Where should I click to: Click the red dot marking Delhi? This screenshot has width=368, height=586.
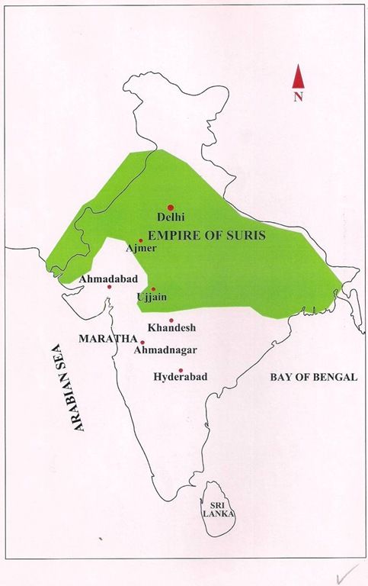pos(171,208)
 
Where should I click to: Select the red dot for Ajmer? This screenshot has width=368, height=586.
pos(140,240)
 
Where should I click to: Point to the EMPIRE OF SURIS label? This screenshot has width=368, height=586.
pos(206,236)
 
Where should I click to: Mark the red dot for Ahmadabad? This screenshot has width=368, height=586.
pos(109,287)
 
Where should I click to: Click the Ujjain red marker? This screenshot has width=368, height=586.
pos(153,289)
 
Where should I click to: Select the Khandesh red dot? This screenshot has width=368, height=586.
pos(171,320)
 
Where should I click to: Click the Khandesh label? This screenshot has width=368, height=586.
pos(172,328)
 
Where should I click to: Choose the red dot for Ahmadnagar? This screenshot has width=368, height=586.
pos(142,342)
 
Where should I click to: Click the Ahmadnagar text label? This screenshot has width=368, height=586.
pos(165,350)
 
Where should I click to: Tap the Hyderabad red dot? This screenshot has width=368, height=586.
pos(181,369)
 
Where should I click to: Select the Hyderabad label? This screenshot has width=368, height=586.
pos(181,378)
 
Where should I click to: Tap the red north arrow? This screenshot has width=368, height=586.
pos(299,79)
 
